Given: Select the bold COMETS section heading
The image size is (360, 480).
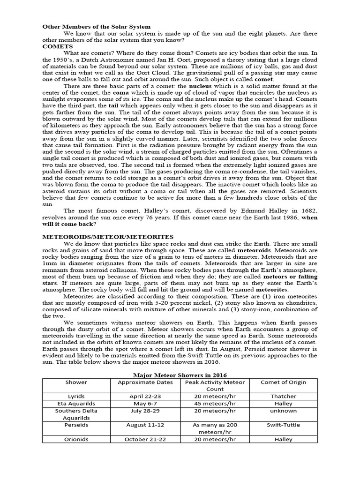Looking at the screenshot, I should point(57,47).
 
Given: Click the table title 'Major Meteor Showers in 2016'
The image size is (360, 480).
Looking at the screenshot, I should point(180,375).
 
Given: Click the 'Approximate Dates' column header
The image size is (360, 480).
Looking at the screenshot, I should point(145,382).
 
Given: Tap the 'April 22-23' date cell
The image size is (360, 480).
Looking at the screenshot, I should point(145,396).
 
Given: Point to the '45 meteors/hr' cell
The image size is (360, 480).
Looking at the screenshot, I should point(214,403).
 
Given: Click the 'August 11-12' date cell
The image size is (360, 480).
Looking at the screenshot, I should point(145,425).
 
